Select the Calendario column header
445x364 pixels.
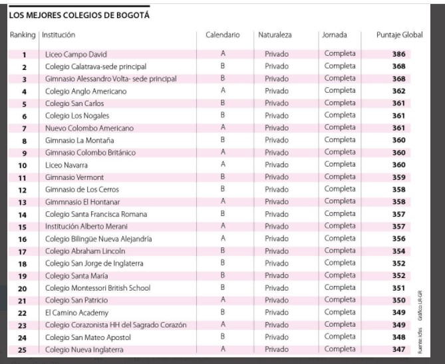click(223, 35)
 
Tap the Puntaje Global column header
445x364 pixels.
click(400, 35)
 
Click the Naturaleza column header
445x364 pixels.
click(275, 35)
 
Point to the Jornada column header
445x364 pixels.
click(335, 35)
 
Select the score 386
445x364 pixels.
click(398, 54)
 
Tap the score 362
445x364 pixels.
click(398, 91)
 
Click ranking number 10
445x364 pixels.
click(23, 165)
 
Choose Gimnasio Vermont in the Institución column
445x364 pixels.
click(74, 177)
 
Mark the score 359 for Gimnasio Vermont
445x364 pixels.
click(398, 177)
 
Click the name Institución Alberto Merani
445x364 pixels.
click(86, 227)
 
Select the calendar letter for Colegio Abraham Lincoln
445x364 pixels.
click(223, 251)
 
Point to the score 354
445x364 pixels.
click(398, 251)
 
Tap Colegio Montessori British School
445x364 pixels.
click(98, 288)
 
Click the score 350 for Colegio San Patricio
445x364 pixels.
click(398, 301)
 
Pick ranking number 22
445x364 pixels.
click(23, 313)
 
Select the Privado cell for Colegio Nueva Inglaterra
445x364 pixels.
click(277, 349)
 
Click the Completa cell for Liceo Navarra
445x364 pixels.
click(340, 165)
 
